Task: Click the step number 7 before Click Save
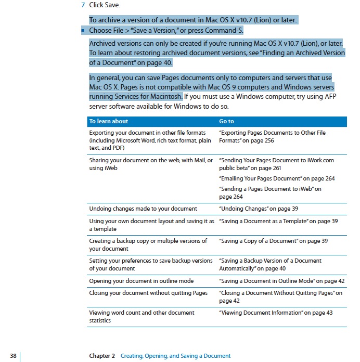click(83, 5)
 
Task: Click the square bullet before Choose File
click(83, 31)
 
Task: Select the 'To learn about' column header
click(108, 121)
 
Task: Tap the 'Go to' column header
click(226, 121)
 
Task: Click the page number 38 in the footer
click(14, 356)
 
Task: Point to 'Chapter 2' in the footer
click(102, 356)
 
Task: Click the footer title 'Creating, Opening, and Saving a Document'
click(175, 356)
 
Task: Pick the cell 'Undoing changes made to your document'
click(143, 209)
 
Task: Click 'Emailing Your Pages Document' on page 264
click(277, 178)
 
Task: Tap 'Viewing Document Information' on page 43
click(276, 313)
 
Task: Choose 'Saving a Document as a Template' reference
click(278, 221)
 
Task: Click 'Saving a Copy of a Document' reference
click(273, 241)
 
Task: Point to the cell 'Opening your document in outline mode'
click(141, 281)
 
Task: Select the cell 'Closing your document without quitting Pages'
click(149, 293)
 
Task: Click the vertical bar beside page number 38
click(20, 356)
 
